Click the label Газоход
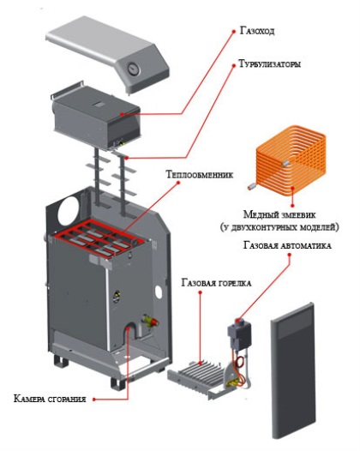257,31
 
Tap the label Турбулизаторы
270,63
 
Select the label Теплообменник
200,174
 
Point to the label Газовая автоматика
286,245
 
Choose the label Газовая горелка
216,283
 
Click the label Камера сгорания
50,399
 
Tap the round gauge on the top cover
134,69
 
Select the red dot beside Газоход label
234,31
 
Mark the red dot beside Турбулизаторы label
233,65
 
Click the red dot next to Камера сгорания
93,400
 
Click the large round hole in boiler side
69,212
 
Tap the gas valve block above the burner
239,334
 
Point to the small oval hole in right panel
159,292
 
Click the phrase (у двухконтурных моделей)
279,227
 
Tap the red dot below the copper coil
292,206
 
